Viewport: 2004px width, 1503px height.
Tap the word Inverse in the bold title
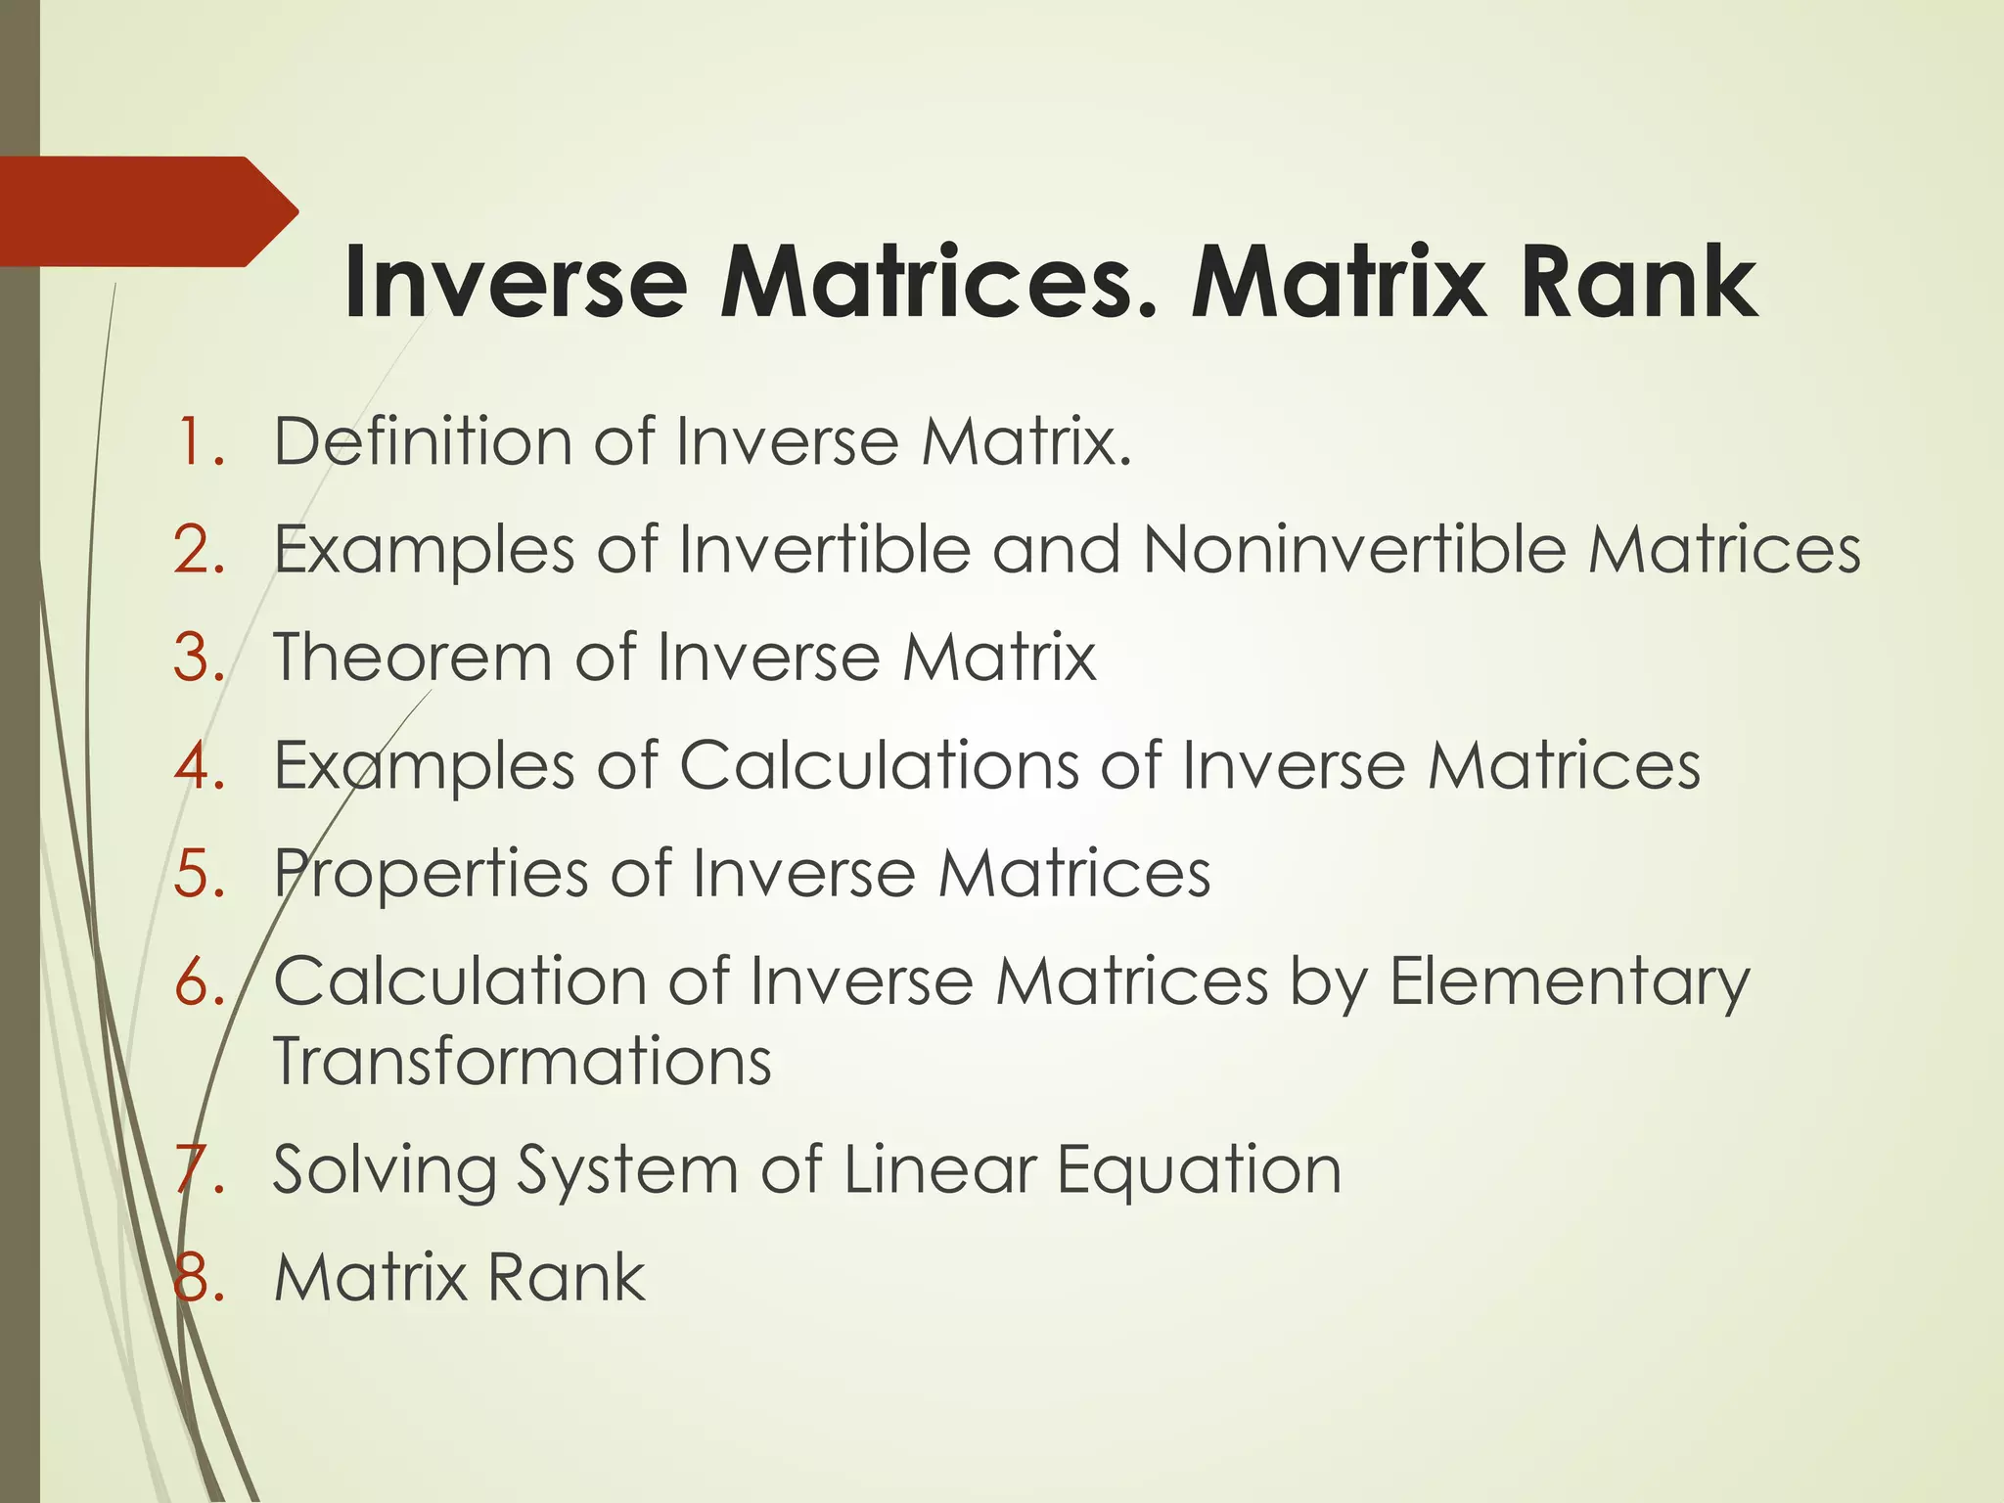click(x=516, y=284)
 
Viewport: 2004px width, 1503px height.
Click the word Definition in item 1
click(x=422, y=441)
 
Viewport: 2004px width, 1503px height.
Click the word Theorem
click(x=412, y=657)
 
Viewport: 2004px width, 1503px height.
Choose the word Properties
click(x=431, y=874)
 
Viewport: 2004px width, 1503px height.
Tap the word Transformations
click(x=523, y=1061)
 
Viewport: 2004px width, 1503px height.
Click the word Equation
click(x=1199, y=1170)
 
